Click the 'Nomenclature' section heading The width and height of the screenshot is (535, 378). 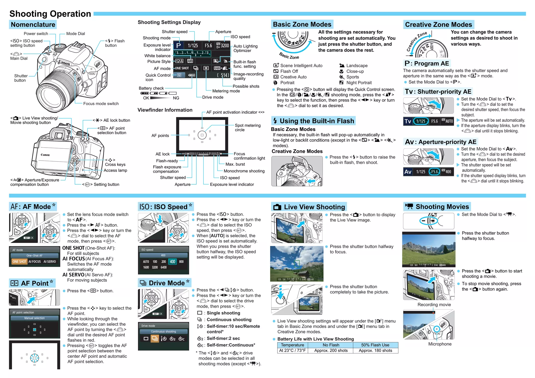click(x=33, y=25)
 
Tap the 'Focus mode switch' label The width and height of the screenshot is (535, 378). click(x=101, y=104)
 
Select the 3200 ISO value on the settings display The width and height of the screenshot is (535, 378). click(x=225, y=45)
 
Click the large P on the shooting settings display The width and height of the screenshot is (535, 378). click(x=178, y=45)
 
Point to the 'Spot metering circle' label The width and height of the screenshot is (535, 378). click(x=247, y=127)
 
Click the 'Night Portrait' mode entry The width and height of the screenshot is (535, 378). click(x=359, y=83)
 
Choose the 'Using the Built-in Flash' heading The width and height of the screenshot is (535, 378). click(x=317, y=121)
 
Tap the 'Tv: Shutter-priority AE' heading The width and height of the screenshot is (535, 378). click(x=438, y=92)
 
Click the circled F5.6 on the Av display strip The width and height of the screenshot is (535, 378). click(x=434, y=172)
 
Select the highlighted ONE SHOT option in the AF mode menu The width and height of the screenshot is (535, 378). click(x=19, y=261)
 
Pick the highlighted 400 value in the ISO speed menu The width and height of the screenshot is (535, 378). click(x=172, y=261)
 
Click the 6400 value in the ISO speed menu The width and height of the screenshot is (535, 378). click(x=164, y=267)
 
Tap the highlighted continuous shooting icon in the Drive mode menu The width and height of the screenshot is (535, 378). click(x=155, y=339)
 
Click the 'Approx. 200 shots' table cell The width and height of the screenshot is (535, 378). click(x=331, y=351)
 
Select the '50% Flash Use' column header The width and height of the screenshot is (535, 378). click(x=375, y=345)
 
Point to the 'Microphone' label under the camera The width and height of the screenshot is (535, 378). click(x=440, y=344)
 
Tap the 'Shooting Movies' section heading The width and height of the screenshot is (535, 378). click(x=442, y=207)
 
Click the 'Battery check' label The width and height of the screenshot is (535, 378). click(x=151, y=88)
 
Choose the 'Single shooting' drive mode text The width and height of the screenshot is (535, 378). click(x=223, y=313)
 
